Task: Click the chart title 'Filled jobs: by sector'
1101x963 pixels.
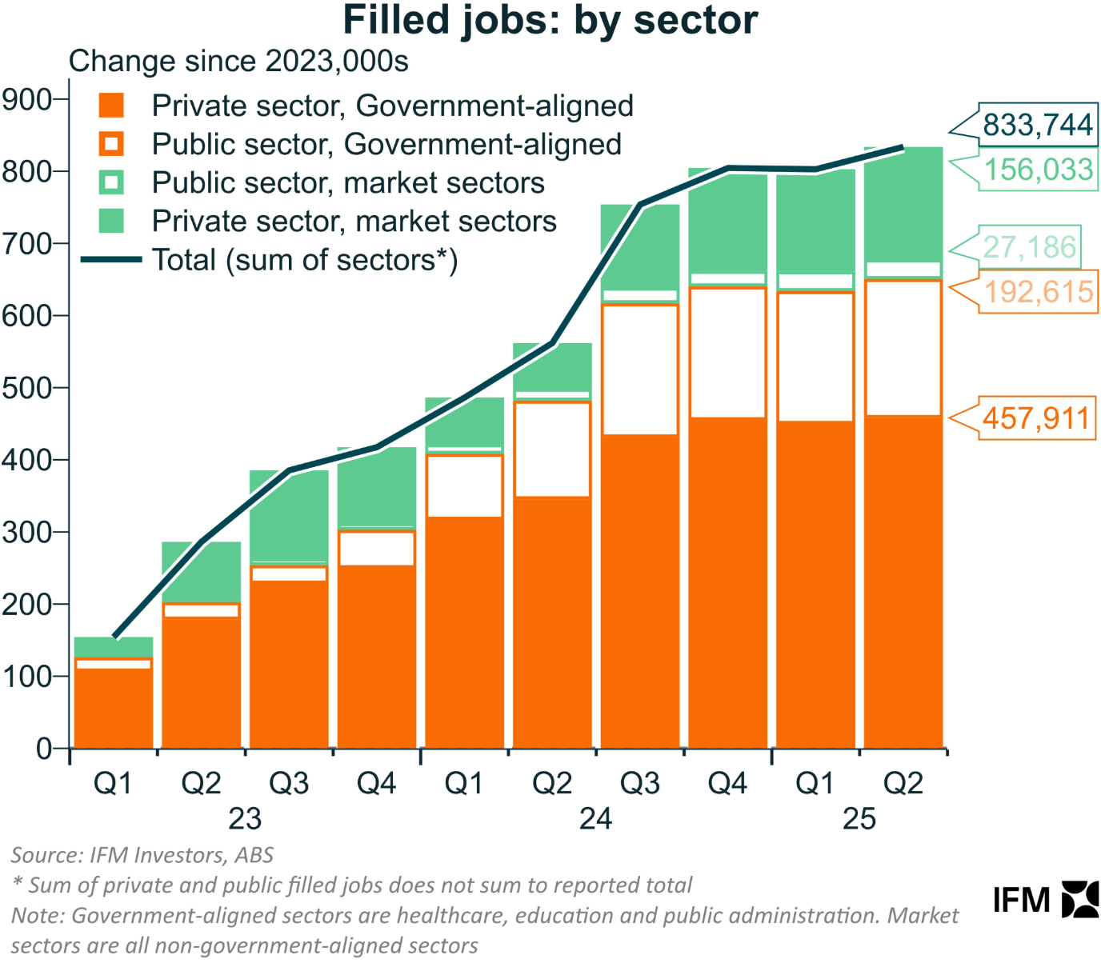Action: pos(550,21)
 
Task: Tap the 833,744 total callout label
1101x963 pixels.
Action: pos(1037,126)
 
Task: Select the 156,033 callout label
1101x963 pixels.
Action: pos(1038,170)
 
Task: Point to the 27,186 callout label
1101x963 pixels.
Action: pos(1029,247)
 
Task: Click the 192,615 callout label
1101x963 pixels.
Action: pos(1038,292)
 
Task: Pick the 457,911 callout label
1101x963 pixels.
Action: pos(1036,418)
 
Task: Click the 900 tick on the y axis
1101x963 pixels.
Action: pos(26,100)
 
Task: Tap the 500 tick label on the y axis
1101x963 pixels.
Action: pos(26,388)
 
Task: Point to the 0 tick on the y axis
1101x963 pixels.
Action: pos(44,749)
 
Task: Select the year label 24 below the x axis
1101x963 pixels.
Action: pos(595,818)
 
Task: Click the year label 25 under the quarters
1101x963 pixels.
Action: pos(859,818)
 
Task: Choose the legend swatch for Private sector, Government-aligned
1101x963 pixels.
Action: pos(111,106)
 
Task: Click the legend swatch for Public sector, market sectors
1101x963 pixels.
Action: pos(111,182)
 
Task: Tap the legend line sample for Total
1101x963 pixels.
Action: pos(111,260)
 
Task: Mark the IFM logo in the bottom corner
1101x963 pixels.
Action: pos(1045,900)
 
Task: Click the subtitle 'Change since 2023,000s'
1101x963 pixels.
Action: pos(238,62)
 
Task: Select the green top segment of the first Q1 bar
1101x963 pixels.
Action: pos(114,646)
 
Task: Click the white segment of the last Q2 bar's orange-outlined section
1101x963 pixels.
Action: pos(903,348)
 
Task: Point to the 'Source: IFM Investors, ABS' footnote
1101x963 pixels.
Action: pos(142,855)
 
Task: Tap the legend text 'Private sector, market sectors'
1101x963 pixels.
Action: pos(354,222)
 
